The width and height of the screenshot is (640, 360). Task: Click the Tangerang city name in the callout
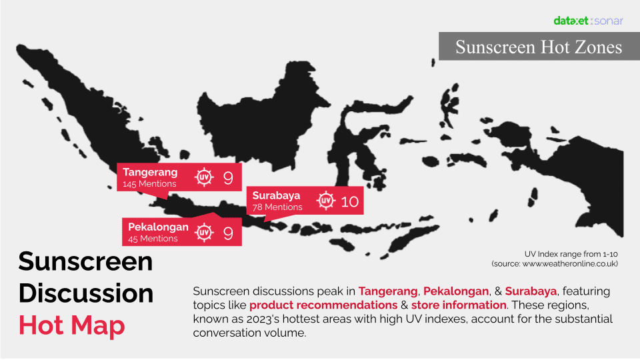click(150, 172)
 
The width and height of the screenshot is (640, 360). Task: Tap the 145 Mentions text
click(149, 184)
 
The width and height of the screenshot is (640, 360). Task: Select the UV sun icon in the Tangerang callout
click(204, 177)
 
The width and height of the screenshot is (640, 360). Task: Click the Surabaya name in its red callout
click(276, 195)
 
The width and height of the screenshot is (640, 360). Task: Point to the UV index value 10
click(350, 201)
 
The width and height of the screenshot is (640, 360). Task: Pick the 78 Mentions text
click(277, 207)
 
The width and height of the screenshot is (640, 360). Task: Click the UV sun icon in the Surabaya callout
click(326, 201)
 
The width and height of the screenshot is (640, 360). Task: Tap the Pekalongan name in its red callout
click(158, 227)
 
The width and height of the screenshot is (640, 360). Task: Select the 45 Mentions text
click(153, 239)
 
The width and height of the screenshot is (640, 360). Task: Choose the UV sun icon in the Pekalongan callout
click(204, 232)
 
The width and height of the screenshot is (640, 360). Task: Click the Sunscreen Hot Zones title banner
click(539, 47)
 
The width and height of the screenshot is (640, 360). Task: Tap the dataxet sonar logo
click(588, 21)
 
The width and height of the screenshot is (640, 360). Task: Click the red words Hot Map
click(72, 325)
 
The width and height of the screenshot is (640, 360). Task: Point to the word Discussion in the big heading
click(86, 293)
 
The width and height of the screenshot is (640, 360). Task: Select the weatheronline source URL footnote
click(555, 264)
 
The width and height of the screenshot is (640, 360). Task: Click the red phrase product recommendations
click(323, 305)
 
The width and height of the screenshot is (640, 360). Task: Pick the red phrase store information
click(459, 305)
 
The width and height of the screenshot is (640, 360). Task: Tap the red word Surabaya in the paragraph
click(531, 291)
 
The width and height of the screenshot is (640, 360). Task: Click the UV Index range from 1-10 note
click(571, 254)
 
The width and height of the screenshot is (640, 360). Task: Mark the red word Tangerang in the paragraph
click(388, 291)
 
